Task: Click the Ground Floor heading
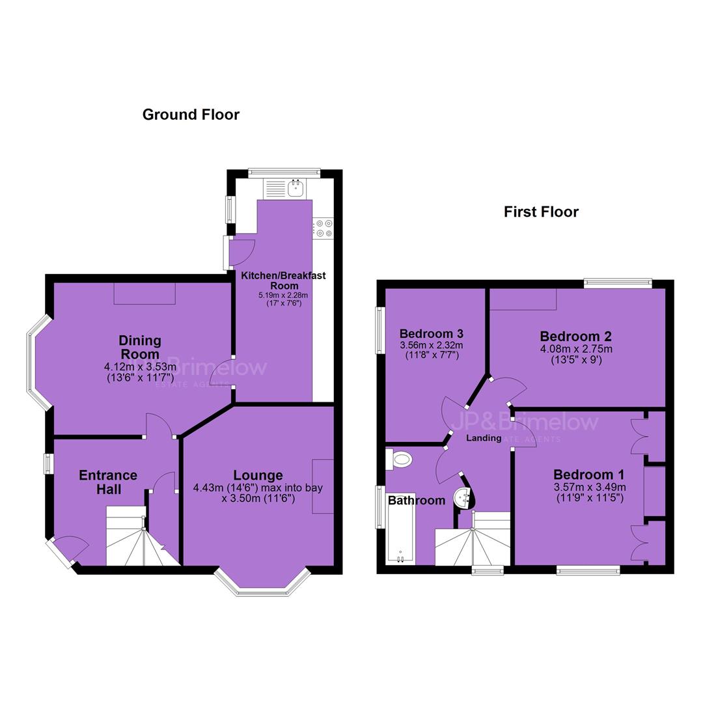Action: (191, 115)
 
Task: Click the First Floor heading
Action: (541, 212)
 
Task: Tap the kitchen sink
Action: (296, 188)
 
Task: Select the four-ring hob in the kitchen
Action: (324, 228)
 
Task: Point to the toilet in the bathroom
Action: (398, 460)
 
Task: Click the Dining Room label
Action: (140, 347)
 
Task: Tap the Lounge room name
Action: (258, 475)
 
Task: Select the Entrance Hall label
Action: (108, 482)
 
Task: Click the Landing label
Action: (484, 438)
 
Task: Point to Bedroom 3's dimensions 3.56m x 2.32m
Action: (432, 346)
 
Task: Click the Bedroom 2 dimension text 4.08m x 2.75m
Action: (576, 349)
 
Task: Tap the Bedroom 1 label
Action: (588, 475)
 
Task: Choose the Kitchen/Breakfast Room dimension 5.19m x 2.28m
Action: (283, 296)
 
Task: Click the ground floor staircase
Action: (143, 536)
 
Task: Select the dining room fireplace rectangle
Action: (145, 294)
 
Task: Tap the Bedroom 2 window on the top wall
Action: (618, 283)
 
